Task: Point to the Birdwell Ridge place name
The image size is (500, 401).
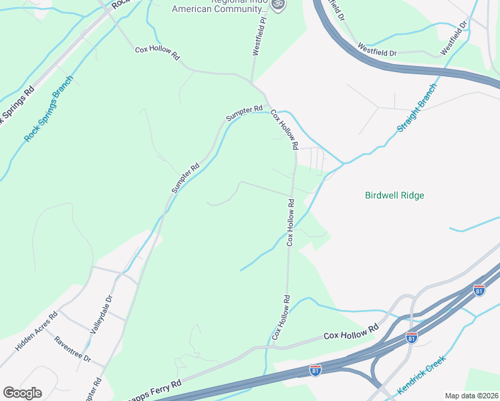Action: (395, 196)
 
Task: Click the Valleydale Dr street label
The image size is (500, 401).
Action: (102, 313)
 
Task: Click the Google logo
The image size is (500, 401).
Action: (22, 393)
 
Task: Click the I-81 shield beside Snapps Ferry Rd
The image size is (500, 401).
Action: (316, 369)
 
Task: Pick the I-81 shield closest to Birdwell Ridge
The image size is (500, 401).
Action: (479, 290)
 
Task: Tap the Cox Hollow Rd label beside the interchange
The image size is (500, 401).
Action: (351, 329)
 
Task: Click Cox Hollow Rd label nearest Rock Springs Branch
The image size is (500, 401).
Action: (158, 53)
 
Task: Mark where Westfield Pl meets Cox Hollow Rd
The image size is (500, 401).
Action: (253, 82)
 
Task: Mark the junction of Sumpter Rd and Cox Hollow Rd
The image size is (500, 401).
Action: (269, 108)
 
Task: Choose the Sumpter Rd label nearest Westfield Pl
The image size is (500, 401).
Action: (244, 113)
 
